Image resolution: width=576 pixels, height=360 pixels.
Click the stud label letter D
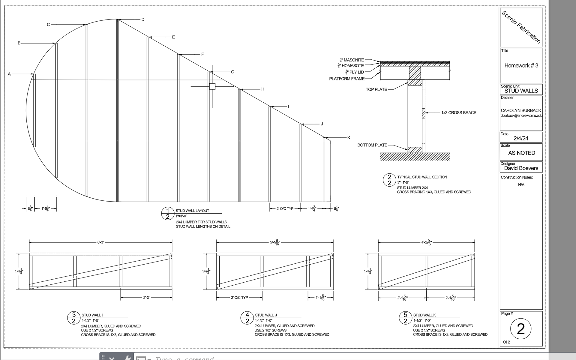[143, 20]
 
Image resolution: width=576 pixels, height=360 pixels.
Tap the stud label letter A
[9, 74]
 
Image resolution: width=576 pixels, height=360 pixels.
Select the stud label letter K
[349, 138]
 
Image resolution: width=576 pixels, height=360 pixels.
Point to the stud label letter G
[232, 72]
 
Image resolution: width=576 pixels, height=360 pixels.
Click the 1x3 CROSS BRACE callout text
[458, 113]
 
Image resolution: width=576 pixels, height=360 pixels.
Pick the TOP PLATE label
[376, 89]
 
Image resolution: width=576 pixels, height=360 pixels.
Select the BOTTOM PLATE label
[372, 145]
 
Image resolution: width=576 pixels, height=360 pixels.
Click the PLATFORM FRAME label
[347, 79]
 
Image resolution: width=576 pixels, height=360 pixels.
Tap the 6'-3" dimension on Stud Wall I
[101, 242]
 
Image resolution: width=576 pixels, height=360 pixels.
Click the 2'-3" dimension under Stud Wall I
[146, 298]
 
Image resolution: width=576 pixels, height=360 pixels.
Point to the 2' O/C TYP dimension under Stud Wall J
[239, 298]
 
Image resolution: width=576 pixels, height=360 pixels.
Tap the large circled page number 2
[520, 329]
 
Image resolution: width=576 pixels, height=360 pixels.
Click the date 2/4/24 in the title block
[521, 138]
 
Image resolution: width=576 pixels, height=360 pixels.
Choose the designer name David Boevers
[521, 168]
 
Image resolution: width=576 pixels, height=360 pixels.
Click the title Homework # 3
[521, 65]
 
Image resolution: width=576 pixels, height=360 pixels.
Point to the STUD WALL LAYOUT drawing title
[192, 211]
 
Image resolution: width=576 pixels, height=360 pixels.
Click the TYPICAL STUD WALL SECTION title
[422, 177]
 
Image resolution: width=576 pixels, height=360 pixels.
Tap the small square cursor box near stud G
[212, 86]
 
